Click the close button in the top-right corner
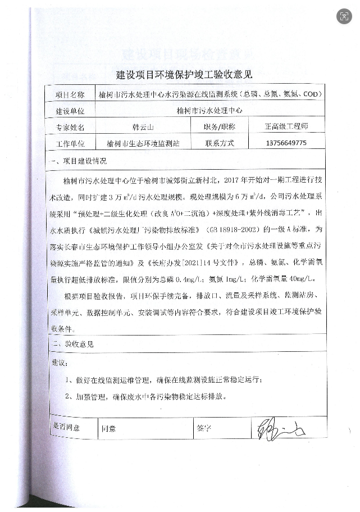click(344, 16)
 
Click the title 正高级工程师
click(286, 126)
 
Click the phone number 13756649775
click(286, 143)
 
